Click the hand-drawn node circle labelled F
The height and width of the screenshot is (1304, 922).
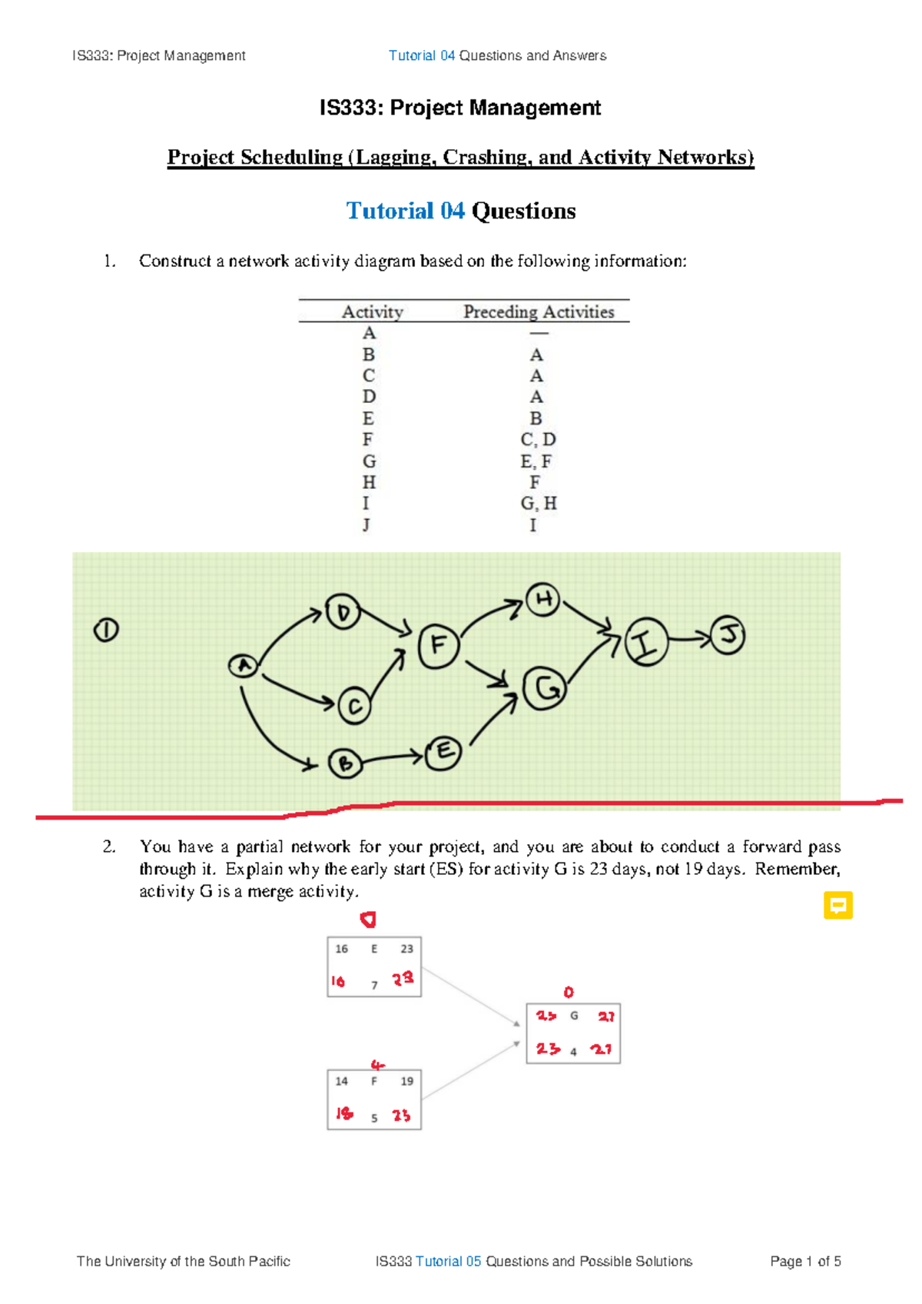pos(439,646)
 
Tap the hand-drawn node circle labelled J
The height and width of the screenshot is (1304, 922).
pos(728,635)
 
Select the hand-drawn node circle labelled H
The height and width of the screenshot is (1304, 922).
pos(543,600)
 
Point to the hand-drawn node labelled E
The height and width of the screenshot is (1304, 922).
pos(444,753)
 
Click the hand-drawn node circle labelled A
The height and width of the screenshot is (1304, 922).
pos(244,665)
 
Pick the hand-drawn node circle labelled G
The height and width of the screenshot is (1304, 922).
pos(545,688)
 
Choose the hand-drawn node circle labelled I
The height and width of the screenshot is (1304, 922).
pos(646,641)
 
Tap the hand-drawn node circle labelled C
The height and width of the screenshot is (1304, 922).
pos(354,706)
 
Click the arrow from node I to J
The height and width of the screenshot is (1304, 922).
pos(689,638)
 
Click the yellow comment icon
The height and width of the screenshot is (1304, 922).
pos(837,905)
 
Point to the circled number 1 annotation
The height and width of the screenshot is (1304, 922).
pos(106,630)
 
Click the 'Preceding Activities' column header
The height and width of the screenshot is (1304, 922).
pos(539,311)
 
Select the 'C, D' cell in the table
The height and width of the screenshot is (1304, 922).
pos(538,439)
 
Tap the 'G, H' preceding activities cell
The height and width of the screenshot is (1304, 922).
pos(539,503)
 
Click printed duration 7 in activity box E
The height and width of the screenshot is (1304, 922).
pos(374,985)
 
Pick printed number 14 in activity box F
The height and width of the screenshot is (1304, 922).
pos(341,1081)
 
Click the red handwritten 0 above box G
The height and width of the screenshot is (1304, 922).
pos(569,992)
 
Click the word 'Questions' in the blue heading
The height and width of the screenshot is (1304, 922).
pos(523,211)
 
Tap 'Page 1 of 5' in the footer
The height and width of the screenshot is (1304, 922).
pos(805,1261)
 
